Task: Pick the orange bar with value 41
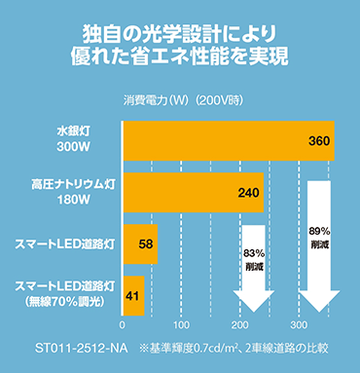coord(131,294)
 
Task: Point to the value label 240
coord(250,193)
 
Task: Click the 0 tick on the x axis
coord(122,324)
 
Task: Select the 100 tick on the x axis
coord(181,324)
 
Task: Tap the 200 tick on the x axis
coord(240,324)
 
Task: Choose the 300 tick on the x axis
coord(300,324)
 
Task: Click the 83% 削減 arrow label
coord(255,260)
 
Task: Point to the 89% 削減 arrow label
coord(319,238)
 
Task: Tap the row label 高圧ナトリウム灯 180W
coord(69,192)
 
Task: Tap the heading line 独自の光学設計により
coord(180,32)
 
